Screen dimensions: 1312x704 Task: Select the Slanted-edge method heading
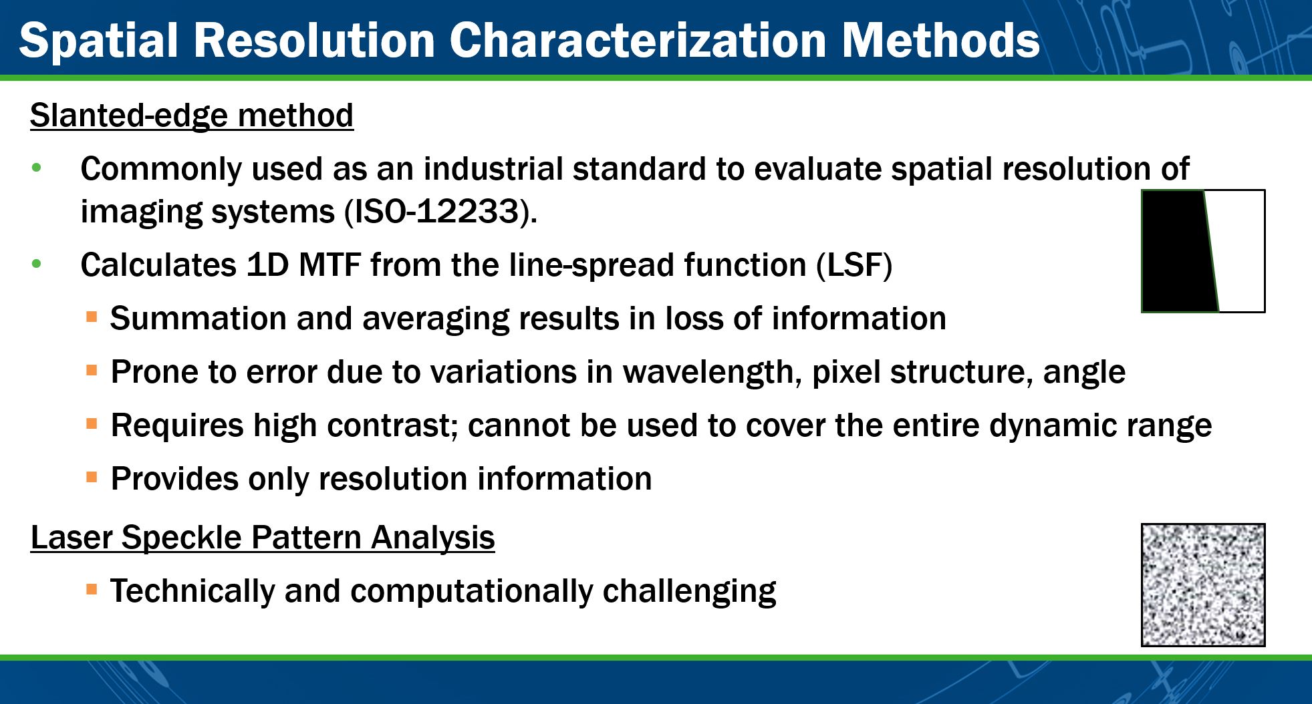pyautogui.click(x=192, y=115)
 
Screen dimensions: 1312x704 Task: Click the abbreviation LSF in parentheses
pyautogui.click(x=854, y=265)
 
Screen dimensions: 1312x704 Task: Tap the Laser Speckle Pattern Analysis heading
pyautogui.click(x=263, y=538)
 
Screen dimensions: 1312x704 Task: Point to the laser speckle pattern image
pyautogui.click(x=1203, y=585)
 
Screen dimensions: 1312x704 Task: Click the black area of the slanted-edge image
pyautogui.click(x=1176, y=251)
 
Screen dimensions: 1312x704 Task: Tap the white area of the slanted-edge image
pyautogui.click(x=1238, y=251)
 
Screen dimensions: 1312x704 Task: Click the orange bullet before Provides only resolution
pyautogui.click(x=92, y=477)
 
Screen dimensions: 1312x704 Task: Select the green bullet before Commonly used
pyautogui.click(x=37, y=168)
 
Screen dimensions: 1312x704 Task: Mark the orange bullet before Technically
pyautogui.click(x=92, y=589)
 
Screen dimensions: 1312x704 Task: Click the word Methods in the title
pyautogui.click(x=940, y=40)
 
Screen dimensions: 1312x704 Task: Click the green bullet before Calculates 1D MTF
pyautogui.click(x=37, y=265)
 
